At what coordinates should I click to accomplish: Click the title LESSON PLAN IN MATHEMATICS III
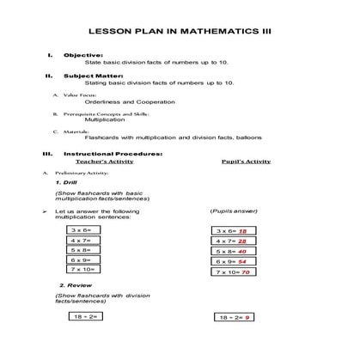(x=180, y=28)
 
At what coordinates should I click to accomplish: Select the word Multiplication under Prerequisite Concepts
(x=105, y=119)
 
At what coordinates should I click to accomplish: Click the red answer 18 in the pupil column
(x=243, y=231)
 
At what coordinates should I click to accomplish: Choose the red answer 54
(x=243, y=261)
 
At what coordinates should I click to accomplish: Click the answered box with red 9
(x=235, y=318)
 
